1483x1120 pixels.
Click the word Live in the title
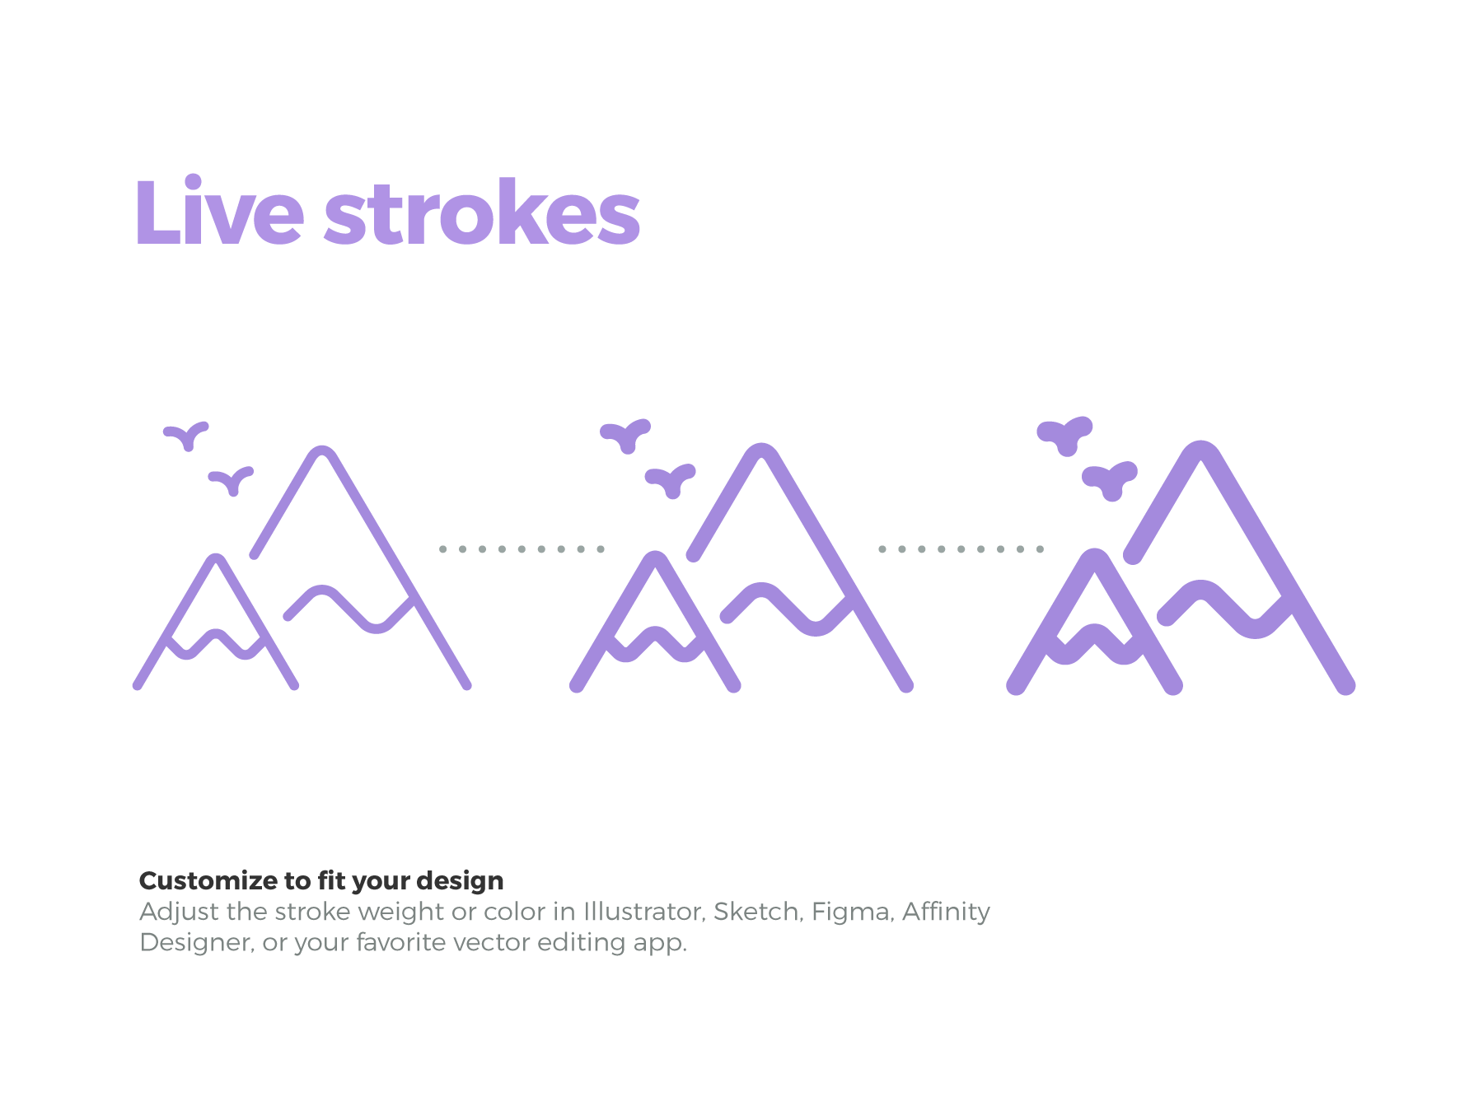pos(219,212)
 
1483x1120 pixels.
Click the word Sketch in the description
pos(756,912)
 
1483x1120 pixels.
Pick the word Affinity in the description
pos(946,912)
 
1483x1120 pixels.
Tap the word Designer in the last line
pos(195,942)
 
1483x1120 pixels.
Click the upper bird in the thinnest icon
pos(187,434)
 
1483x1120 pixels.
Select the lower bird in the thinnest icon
pos(232,479)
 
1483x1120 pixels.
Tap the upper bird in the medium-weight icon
pos(626,434)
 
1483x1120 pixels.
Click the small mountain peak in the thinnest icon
pos(216,560)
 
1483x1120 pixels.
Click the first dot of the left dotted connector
pos(443,548)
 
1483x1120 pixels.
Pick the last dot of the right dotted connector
pos(1040,548)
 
